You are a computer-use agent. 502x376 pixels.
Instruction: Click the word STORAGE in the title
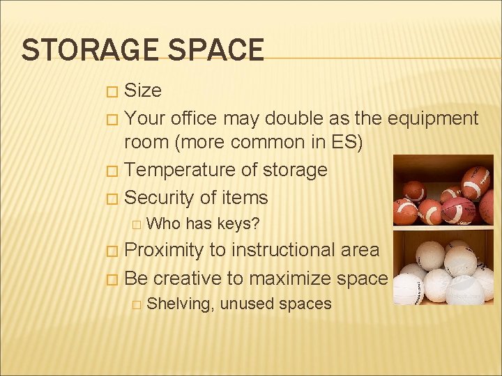(82, 50)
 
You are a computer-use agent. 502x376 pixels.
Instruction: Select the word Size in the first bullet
(142, 91)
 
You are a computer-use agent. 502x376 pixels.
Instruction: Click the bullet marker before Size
(111, 91)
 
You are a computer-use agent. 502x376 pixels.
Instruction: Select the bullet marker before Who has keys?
(137, 224)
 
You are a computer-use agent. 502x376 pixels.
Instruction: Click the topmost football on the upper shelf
(476, 181)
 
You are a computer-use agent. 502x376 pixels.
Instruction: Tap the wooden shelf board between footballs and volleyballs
(443, 228)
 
